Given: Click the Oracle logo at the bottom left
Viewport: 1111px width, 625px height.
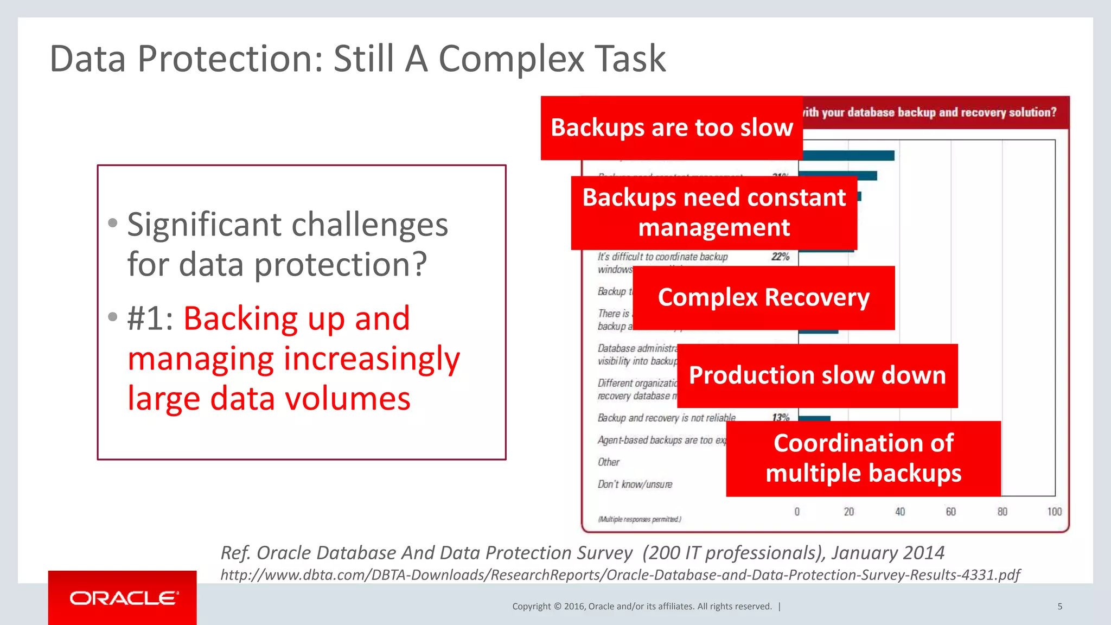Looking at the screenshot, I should [x=123, y=598].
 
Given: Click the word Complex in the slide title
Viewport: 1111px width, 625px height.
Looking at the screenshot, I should [x=511, y=59].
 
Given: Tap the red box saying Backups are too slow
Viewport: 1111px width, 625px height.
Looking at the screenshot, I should [x=672, y=128].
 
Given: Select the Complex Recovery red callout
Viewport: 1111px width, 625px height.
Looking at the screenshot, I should [x=763, y=298].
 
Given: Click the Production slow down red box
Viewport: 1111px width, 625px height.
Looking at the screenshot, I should [x=817, y=375].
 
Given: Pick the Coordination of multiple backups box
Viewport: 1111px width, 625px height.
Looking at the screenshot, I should [x=863, y=458].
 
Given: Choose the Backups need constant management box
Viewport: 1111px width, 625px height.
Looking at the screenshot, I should [x=713, y=213].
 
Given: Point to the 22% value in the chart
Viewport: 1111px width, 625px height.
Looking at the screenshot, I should [x=780, y=257].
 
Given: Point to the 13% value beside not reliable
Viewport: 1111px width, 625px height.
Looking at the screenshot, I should [x=780, y=417].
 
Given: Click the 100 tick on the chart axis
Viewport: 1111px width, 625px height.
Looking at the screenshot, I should [x=1054, y=512].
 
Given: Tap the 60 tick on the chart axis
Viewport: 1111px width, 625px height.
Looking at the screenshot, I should [x=950, y=512].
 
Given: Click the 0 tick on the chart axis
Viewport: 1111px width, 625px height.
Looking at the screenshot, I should [x=797, y=512].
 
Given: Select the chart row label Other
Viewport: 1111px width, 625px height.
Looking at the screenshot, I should [x=608, y=462].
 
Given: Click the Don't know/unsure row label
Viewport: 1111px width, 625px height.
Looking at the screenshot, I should [x=635, y=484].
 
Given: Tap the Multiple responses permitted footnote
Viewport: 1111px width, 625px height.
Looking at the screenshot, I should [x=640, y=519].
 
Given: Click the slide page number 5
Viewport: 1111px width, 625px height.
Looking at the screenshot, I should [x=1059, y=607].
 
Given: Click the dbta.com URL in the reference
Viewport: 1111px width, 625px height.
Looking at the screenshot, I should [x=620, y=575].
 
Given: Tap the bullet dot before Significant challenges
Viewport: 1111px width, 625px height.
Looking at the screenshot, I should [x=113, y=223].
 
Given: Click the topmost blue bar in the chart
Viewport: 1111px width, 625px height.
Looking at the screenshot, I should [x=846, y=156].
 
